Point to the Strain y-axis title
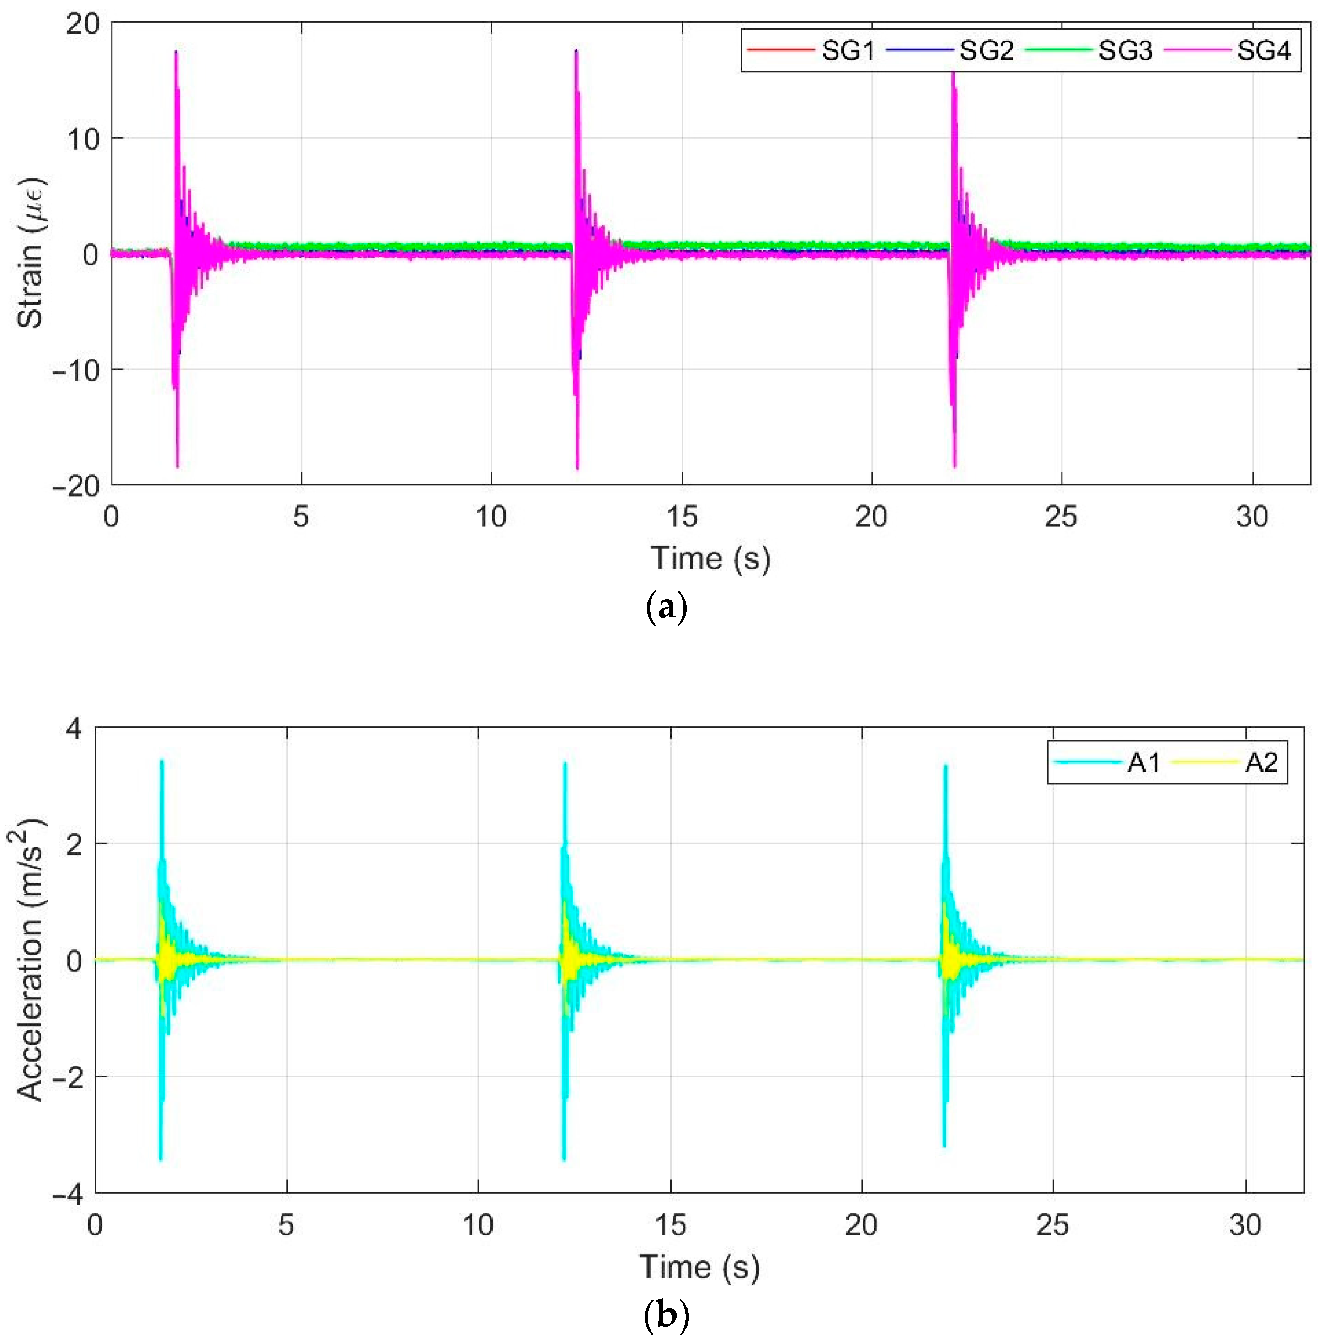pos(31,253)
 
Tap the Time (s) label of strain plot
pos(710,558)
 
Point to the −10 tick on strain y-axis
pos(76,369)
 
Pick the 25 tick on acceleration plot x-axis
pos(1053,1225)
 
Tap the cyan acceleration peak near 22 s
pos(945,767)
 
